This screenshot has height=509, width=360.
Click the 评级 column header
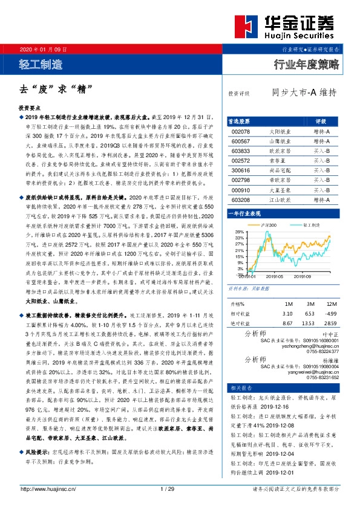click(x=321, y=121)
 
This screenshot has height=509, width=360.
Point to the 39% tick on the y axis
click(x=239, y=232)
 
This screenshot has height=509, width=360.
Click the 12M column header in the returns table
click(x=330, y=303)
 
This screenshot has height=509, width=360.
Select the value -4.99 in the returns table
click(x=330, y=314)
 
